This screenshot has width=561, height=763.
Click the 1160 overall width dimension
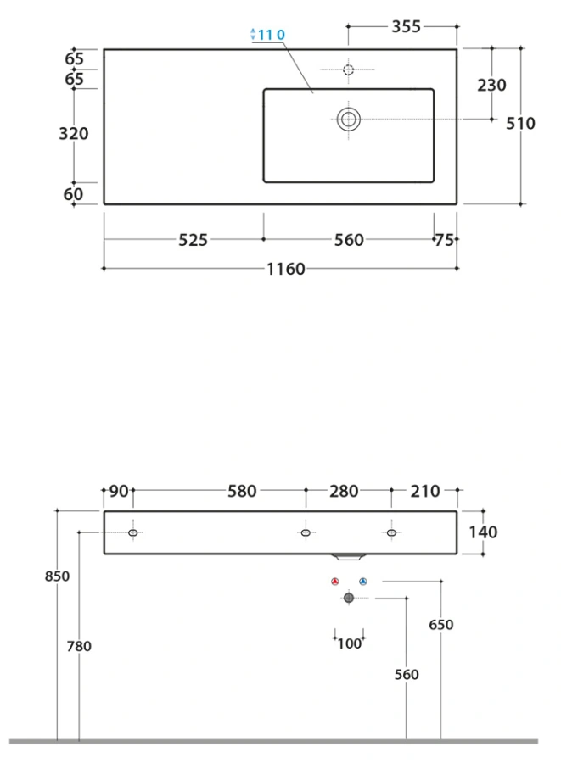pyautogui.click(x=286, y=269)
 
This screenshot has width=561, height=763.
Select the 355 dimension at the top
pyautogui.click(x=407, y=26)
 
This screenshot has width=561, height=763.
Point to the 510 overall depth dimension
pyautogui.click(x=520, y=124)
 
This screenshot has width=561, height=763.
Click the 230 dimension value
pyautogui.click(x=492, y=85)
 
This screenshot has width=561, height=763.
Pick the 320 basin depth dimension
pyautogui.click(x=74, y=133)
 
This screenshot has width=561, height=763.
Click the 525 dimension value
pyautogui.click(x=193, y=240)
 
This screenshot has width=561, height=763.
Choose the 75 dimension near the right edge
pyautogui.click(x=444, y=240)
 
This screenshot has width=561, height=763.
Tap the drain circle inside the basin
pyautogui.click(x=349, y=120)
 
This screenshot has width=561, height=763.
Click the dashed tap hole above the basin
pyautogui.click(x=349, y=70)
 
